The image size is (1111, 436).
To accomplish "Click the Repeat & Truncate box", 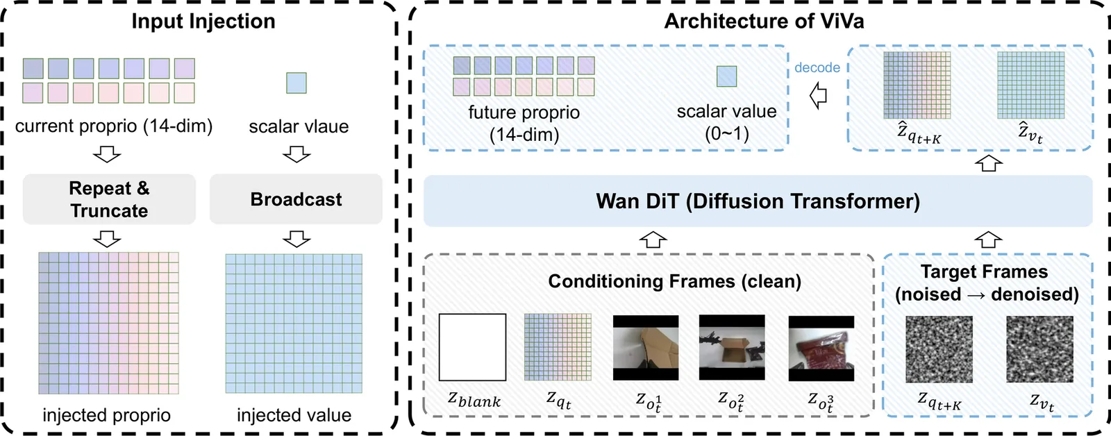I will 109,199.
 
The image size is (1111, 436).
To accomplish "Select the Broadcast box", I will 296,199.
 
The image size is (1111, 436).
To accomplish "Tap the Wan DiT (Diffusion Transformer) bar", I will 758,201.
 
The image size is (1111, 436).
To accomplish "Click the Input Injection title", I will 203,22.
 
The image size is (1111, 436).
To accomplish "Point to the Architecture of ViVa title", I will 764,22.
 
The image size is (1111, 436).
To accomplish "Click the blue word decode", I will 817,67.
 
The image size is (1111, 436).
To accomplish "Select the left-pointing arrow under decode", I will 819,95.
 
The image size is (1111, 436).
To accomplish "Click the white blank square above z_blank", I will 472,347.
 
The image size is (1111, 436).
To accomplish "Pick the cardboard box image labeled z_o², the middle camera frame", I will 732,347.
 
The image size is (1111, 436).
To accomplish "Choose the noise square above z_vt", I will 1039,349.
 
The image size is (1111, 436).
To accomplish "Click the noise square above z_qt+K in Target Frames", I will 939,349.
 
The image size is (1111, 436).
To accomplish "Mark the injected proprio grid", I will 108,323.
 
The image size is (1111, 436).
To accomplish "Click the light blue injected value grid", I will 294,324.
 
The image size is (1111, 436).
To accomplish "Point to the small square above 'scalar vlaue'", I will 296,83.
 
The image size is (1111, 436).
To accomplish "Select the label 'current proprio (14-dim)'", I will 114,126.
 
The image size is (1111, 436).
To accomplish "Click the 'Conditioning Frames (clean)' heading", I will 674,281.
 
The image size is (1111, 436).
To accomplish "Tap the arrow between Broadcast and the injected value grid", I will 296,240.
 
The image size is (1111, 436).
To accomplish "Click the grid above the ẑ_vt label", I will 1030,85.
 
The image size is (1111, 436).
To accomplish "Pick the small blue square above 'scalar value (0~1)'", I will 726,76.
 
